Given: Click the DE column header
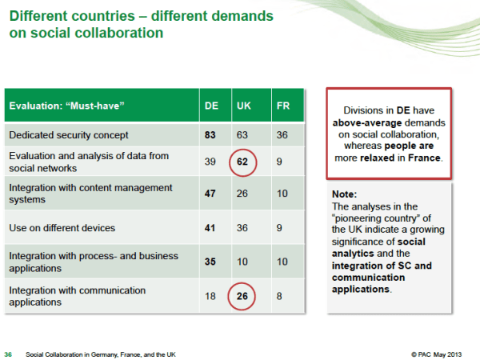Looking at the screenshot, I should pos(211,106).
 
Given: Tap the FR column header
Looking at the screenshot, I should pos(282,106).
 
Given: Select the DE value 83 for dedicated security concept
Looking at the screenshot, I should pos(211,135).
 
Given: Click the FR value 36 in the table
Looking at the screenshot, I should pos(282,135).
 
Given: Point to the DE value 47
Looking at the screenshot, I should pos(211,194).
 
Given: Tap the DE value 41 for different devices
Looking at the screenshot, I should pos(211,227).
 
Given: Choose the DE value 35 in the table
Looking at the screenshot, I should pos(211,261).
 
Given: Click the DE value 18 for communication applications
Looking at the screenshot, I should pos(211,296).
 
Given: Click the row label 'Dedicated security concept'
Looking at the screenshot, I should pos(68,135).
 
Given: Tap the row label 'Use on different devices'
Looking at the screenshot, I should pos(62,227).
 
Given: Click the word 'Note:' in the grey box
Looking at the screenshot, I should pos(344,194).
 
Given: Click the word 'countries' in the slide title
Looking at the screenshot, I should pos(105,16).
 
